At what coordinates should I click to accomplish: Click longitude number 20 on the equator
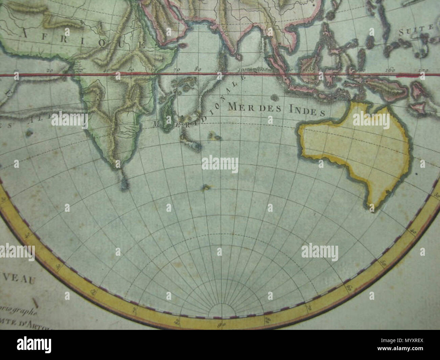point(50,70)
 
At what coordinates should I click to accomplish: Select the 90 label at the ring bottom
point(222,326)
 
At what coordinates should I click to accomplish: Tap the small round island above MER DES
point(274,98)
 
